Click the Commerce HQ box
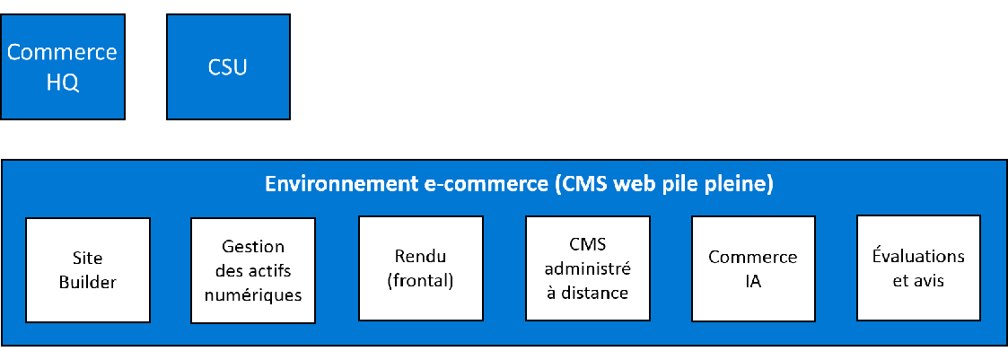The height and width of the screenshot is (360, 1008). pos(62,66)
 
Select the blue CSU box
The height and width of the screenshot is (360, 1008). pos(228,66)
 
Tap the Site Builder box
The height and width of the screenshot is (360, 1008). pos(88,269)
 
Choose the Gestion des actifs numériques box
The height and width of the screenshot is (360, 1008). pos(253,269)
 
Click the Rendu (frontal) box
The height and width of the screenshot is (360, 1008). pos(420,268)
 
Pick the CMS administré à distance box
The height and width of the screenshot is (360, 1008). pos(587,268)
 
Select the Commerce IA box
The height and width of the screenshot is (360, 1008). pos(753,268)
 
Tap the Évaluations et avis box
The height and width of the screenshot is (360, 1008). pos(918,268)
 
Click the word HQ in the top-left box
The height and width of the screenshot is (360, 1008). pos(62,83)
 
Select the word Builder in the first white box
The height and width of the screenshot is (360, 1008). pos(88,282)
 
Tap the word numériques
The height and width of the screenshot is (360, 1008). pos(253,294)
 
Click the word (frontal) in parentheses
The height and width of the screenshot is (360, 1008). pos(420,280)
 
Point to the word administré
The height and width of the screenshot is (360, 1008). pos(587,268)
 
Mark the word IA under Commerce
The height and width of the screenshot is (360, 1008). pos(753,281)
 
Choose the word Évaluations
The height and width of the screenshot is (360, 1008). pos(918,256)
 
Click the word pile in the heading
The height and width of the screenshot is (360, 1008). pos(687,184)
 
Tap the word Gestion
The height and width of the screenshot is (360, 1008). pos(253,246)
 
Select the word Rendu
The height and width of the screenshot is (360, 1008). pos(420,256)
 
